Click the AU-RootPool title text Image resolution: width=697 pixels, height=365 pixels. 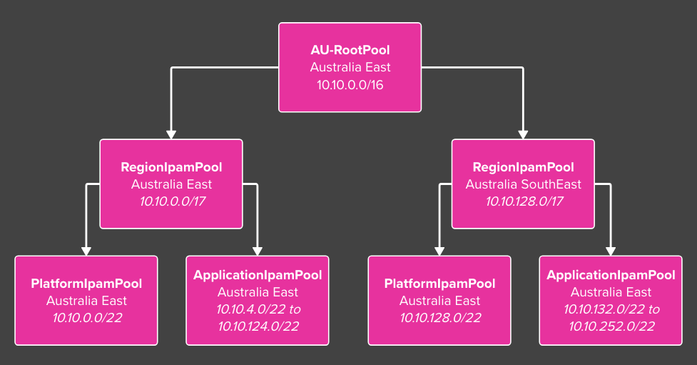350,51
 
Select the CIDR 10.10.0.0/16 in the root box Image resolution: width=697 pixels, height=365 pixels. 350,85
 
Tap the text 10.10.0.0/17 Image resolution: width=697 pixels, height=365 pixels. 171,201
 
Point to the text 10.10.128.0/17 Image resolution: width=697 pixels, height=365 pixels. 523,201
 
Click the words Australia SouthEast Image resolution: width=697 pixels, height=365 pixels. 523,184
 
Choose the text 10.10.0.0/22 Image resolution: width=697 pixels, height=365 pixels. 86,318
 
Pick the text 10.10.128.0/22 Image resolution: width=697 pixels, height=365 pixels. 439,318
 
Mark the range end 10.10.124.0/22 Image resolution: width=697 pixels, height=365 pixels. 258,326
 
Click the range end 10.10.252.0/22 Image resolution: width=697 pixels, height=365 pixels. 611,326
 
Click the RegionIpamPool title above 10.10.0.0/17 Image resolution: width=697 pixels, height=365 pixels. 171,168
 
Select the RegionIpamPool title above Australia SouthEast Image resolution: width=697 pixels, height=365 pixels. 523,168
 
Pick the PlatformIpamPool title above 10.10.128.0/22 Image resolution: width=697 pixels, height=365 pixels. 439,284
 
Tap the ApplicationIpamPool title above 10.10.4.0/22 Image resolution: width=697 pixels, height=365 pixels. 258,275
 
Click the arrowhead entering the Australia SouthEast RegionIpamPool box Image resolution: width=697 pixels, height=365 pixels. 523,134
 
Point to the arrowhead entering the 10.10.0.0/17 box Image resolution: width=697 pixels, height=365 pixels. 171,134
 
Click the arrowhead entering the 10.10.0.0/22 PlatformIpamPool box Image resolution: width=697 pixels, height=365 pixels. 86,251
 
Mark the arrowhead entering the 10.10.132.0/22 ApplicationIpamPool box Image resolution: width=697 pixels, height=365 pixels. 611,251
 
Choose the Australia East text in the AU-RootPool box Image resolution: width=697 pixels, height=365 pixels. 350,68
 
